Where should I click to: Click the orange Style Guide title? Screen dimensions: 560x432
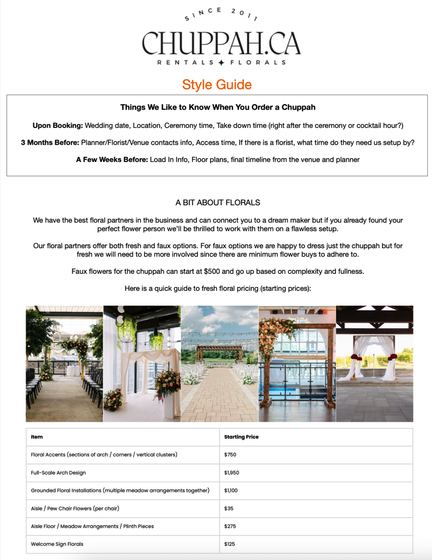click(216, 84)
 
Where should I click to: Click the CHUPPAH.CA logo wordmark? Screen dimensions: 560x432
click(221, 43)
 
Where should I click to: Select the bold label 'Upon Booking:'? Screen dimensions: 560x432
click(57, 126)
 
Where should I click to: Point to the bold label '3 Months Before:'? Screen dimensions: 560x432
click(50, 142)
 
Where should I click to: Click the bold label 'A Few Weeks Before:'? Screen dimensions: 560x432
click(111, 160)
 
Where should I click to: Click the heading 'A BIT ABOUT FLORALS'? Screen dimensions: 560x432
click(217, 203)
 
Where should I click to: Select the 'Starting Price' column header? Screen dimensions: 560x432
click(241, 437)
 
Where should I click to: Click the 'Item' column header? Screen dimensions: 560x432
click(37, 437)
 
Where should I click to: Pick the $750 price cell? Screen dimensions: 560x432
click(230, 455)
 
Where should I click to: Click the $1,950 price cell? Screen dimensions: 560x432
click(231, 473)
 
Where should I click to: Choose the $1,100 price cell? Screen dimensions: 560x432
click(231, 490)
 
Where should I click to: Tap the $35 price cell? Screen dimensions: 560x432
click(229, 508)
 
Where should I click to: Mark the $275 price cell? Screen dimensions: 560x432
click(230, 526)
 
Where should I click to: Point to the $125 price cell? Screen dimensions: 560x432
click(230, 544)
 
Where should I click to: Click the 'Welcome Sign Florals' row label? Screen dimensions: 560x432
click(57, 544)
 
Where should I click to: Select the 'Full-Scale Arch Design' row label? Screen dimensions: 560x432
click(58, 473)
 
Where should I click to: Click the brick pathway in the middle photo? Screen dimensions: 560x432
click(219, 397)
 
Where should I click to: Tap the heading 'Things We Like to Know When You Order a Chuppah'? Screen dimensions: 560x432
click(217, 107)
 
